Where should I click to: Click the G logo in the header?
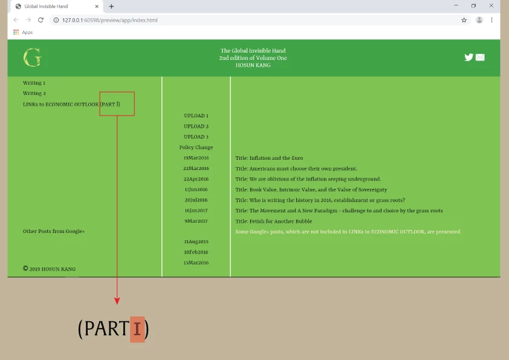pos(32,58)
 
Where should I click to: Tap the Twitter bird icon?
pos(468,57)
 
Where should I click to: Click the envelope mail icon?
pos(480,57)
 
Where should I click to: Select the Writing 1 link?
pos(34,83)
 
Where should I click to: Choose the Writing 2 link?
pos(34,94)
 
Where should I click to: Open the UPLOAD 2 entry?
pos(196,126)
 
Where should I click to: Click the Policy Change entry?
pos(196,148)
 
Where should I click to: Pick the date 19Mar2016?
pos(196,158)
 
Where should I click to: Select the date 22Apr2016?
pos(196,179)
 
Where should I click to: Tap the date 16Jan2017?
pos(196,211)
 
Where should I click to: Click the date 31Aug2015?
pos(196,241)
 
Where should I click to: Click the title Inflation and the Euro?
pos(269,158)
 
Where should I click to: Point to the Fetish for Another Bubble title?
pos(273,221)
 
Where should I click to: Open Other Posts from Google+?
pos(54,231)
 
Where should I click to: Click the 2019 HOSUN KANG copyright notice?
pos(50,269)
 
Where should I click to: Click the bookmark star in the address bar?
pos(464,20)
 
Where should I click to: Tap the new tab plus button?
pos(111,6)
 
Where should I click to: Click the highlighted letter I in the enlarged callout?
pos(137,329)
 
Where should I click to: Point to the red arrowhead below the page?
pos(117,301)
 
